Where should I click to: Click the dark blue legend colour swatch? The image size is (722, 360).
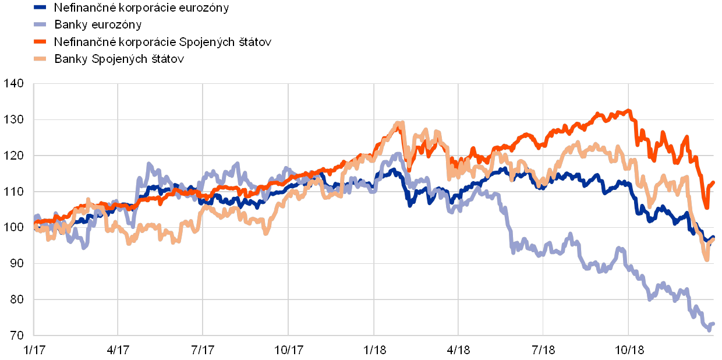point(40,8)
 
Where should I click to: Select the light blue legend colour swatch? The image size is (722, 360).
point(40,24)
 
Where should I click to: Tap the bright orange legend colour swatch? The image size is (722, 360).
point(40,42)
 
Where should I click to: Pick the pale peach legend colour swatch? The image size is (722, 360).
point(40,59)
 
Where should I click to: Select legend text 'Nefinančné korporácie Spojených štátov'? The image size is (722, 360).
point(162,42)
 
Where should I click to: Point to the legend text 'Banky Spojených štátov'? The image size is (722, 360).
point(120,59)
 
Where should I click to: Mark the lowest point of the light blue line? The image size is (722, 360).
point(709,330)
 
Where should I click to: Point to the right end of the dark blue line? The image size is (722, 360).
point(713,237)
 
